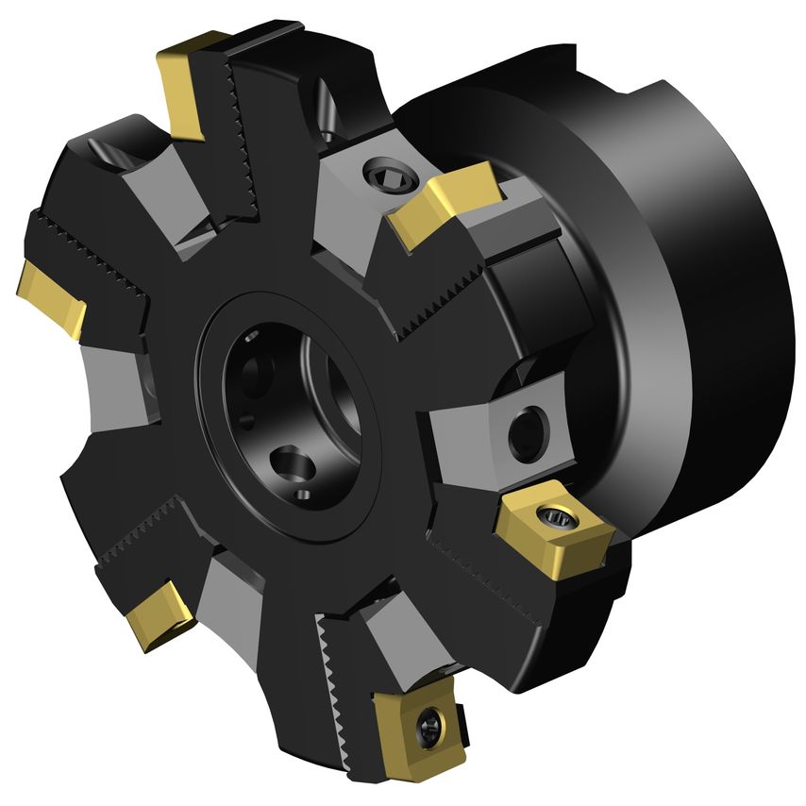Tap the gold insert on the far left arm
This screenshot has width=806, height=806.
[51, 296]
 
